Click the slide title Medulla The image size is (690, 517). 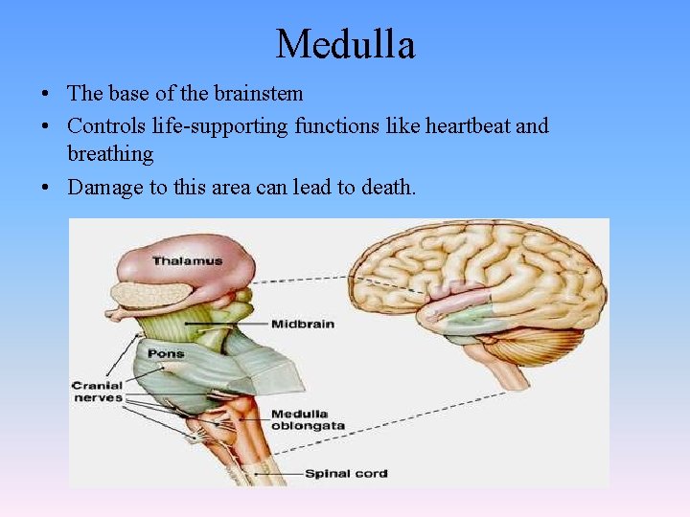345,44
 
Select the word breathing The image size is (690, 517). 110,154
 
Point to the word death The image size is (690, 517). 387,187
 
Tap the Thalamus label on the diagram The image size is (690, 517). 187,260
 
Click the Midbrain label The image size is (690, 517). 302,324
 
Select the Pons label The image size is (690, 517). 166,353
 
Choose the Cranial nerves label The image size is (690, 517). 97,392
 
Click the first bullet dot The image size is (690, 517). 45,95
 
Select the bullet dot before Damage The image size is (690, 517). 45,188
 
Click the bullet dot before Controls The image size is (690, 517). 45,126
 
